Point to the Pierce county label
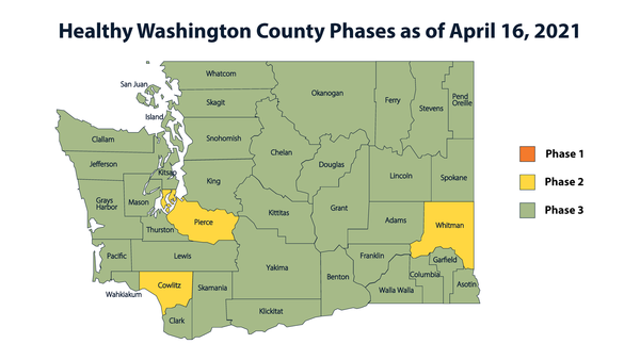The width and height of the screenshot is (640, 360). point(204,220)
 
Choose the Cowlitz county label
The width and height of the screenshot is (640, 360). point(169,285)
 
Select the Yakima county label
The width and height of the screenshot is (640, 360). point(277,268)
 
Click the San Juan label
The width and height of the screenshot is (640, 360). point(134,83)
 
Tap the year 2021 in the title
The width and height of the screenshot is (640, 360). point(554,33)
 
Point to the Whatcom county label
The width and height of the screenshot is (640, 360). point(220,74)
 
